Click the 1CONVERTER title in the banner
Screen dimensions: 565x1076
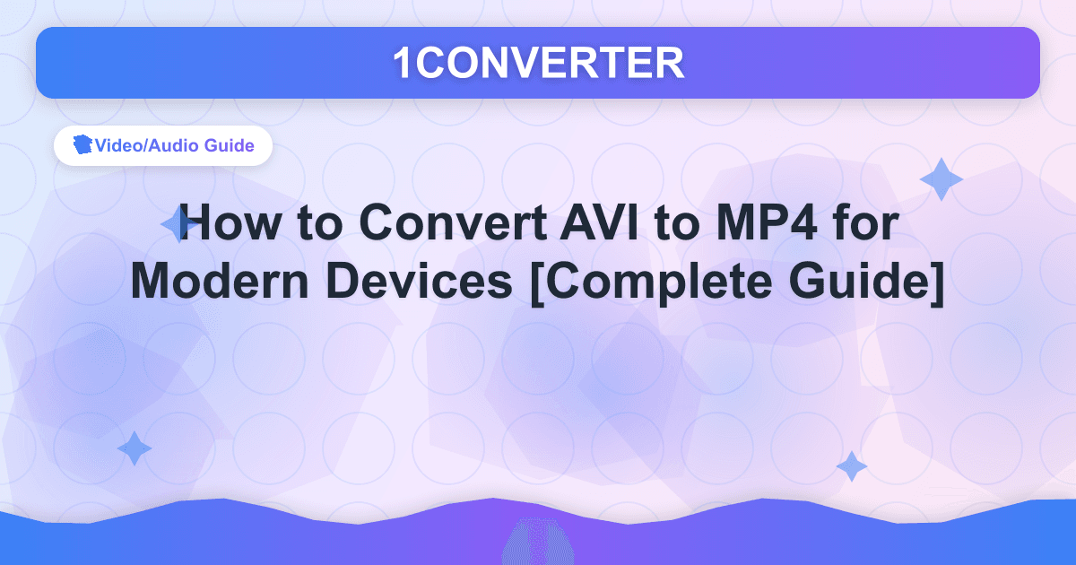click(538, 63)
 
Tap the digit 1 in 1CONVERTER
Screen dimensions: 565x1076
click(403, 63)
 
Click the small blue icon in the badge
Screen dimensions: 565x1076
click(82, 145)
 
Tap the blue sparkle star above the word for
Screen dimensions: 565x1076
click(941, 179)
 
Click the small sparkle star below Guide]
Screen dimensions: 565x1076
click(851, 466)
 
